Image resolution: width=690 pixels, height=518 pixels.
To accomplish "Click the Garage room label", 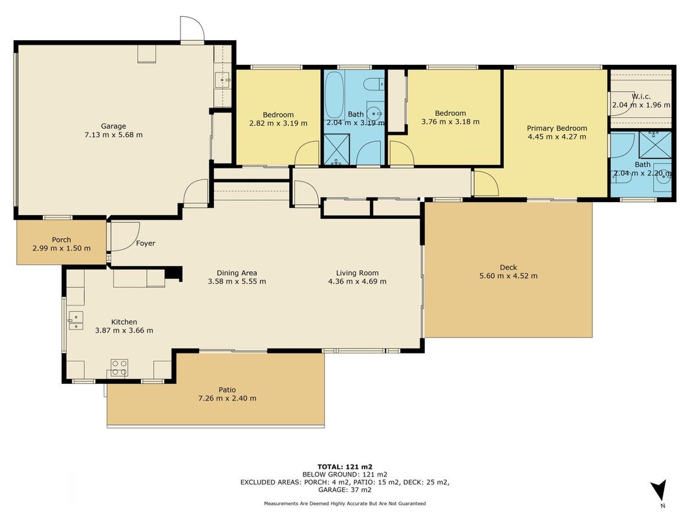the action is click(x=114, y=126).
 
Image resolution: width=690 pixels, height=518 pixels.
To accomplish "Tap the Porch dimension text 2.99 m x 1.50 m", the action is click(x=61, y=249).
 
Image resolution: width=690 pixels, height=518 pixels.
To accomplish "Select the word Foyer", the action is click(x=146, y=243).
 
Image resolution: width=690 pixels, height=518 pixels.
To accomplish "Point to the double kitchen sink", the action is click(x=76, y=321).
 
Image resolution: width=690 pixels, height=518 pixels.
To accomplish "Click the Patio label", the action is click(x=227, y=390).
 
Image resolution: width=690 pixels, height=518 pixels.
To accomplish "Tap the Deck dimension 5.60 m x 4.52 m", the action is click(x=508, y=276).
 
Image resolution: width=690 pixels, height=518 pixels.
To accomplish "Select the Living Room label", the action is click(x=358, y=273).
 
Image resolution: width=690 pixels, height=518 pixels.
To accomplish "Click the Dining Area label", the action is click(x=237, y=273).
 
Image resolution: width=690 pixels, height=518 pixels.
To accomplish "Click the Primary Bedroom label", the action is click(x=557, y=128).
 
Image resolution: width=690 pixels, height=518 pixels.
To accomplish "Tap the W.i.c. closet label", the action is click(x=641, y=96).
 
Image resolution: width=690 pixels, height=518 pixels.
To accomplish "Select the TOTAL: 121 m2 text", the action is click(x=345, y=467).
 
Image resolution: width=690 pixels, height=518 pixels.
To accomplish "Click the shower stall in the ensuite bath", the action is click(x=656, y=144).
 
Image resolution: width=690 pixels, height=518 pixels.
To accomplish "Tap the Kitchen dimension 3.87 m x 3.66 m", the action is click(x=124, y=330).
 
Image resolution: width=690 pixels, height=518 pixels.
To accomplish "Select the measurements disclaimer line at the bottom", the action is click(x=345, y=504).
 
